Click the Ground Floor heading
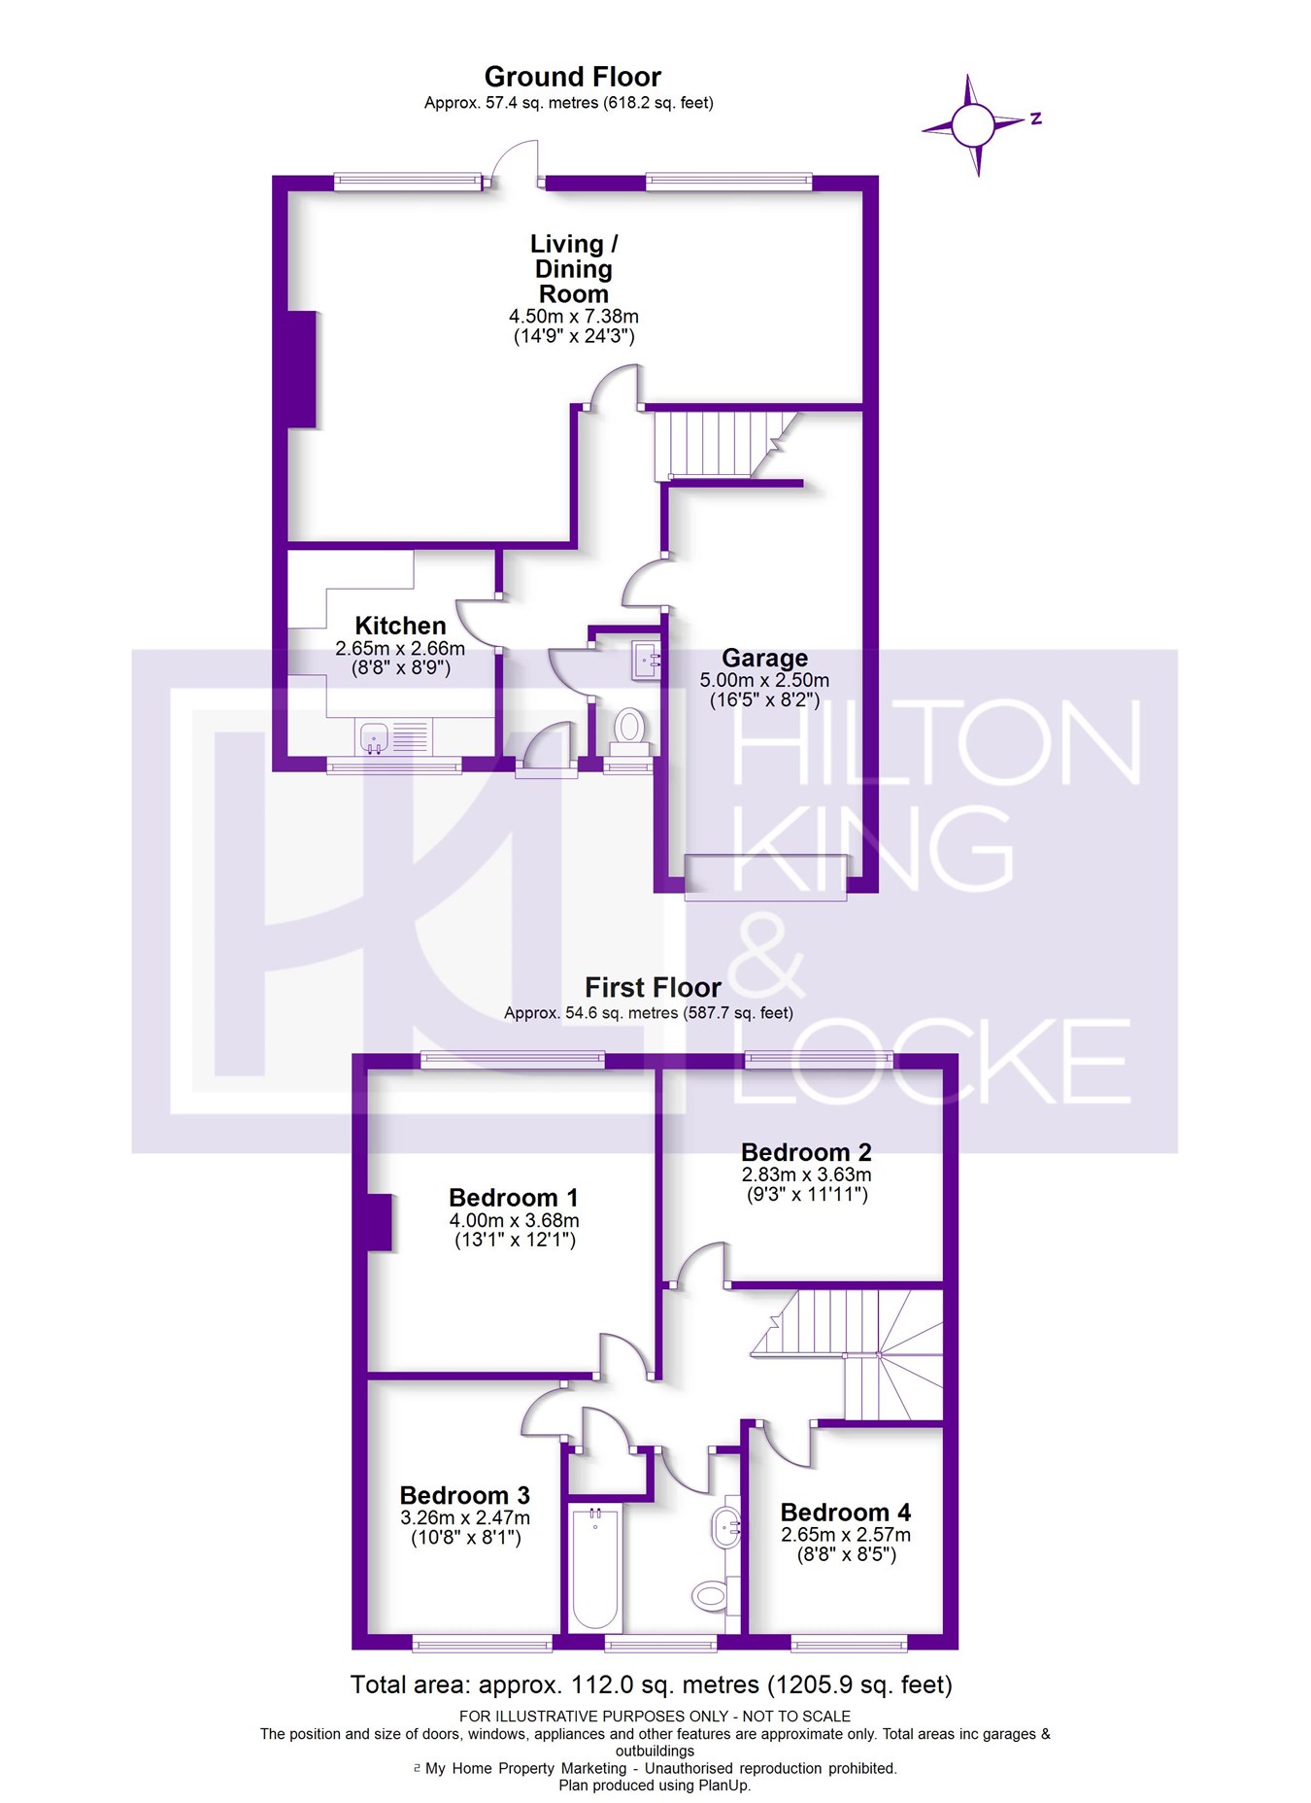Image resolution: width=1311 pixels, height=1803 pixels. click(572, 77)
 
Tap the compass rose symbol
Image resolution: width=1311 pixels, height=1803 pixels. click(973, 125)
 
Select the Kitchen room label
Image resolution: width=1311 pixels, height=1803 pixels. click(400, 626)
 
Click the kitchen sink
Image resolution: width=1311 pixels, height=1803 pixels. click(375, 737)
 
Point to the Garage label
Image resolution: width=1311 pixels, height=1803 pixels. click(764, 658)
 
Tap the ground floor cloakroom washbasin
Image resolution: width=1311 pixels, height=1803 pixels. click(645, 661)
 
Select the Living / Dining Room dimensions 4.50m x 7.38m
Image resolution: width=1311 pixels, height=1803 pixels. click(573, 317)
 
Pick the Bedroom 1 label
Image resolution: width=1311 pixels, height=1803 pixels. click(514, 1197)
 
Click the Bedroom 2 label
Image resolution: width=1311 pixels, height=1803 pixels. click(806, 1152)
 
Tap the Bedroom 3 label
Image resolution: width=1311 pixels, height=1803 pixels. click(464, 1495)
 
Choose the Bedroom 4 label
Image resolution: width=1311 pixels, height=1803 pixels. click(845, 1513)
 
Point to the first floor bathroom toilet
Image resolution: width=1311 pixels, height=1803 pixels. click(709, 1594)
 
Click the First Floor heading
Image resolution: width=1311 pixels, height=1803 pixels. click(653, 988)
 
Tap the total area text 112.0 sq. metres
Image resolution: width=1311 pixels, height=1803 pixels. click(651, 1684)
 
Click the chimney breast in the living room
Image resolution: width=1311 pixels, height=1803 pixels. click(303, 369)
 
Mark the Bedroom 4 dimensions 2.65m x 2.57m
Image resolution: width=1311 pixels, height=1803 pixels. click(845, 1535)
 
